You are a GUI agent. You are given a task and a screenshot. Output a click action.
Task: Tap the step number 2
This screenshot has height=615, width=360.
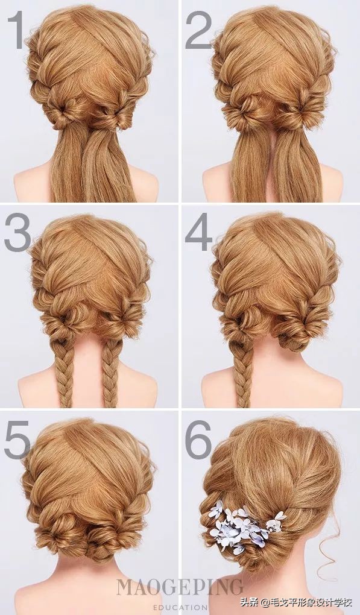click(198, 30)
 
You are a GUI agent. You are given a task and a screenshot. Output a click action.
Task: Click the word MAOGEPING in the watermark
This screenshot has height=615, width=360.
click(180, 587)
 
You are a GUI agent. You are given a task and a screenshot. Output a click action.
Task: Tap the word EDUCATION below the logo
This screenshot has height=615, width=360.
click(180, 608)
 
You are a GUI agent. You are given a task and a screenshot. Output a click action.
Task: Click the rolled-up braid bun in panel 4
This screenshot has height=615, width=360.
click(298, 329)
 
